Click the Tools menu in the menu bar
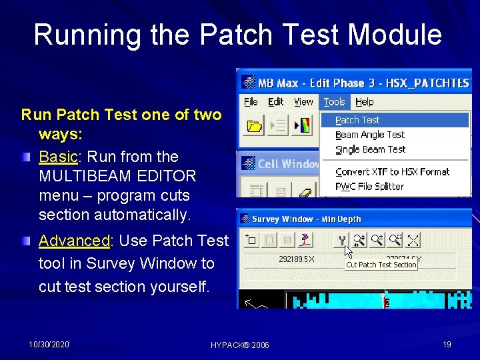[334, 102]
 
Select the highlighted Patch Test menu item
[357, 120]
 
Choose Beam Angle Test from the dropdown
[370, 135]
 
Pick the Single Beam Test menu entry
[370, 149]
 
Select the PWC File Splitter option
[369, 186]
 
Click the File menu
[251, 102]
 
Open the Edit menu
[275, 102]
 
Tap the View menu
[303, 102]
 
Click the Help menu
[364, 102]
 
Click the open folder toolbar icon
[253, 125]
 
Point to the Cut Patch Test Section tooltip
[381, 265]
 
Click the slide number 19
[447, 344]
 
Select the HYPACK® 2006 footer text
[239, 345]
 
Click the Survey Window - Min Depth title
[306, 219]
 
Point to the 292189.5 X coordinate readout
[297, 259]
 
